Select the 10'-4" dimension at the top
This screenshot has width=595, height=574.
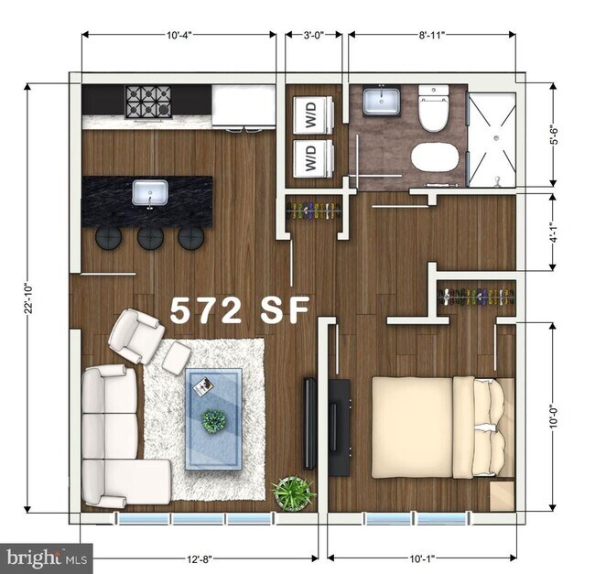point(178,35)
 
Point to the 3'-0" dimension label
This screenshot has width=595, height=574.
point(312,35)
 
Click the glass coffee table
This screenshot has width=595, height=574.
point(214,418)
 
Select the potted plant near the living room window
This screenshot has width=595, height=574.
point(293,493)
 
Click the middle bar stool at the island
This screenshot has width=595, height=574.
point(150,238)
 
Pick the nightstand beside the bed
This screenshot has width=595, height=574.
point(502,495)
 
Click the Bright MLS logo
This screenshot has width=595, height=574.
point(47,556)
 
